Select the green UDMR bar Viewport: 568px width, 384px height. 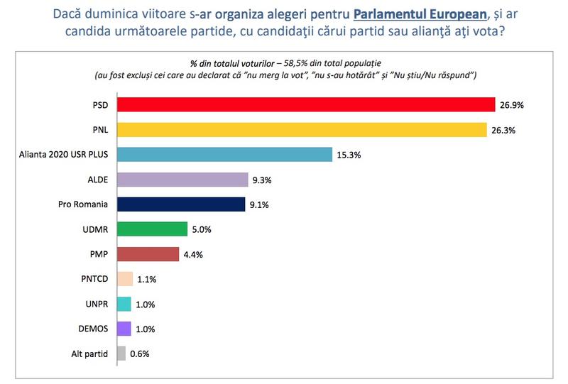(x=151, y=229)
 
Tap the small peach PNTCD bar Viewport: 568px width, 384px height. (x=124, y=279)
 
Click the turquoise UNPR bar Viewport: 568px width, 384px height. (x=123, y=304)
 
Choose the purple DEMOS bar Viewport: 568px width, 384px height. (x=123, y=329)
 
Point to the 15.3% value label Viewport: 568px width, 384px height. (x=349, y=154)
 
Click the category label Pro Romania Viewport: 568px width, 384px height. (x=83, y=204)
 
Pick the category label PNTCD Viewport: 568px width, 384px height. (x=94, y=279)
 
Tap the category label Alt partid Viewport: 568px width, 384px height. (x=89, y=353)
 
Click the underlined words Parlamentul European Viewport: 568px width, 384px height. (x=419, y=13)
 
